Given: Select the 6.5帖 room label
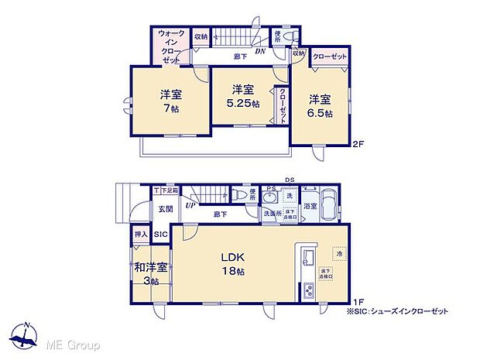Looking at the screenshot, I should (320, 106).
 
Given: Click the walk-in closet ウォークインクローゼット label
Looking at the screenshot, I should (170, 46).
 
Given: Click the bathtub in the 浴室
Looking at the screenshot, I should (327, 205).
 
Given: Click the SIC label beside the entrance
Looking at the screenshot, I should (160, 233).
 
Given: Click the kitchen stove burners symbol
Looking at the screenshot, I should (307, 290).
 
